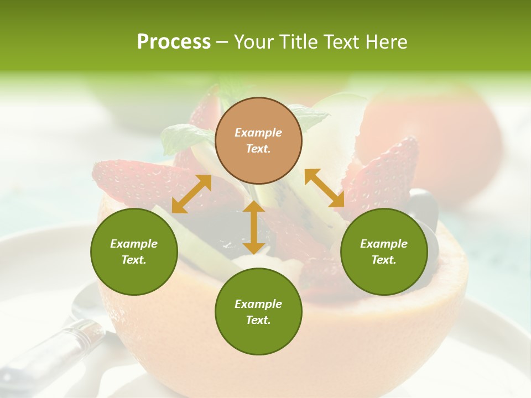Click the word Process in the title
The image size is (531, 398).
174,41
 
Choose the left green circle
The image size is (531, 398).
134,252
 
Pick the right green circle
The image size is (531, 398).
384,252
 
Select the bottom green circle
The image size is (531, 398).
258,312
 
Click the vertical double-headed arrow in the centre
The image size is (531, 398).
254,227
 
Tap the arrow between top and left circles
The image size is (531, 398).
191,194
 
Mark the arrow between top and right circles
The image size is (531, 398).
324,188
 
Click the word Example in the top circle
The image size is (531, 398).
258,133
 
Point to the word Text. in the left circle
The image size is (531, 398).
134,260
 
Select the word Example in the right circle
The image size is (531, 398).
384,244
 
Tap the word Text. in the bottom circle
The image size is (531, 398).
258,320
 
